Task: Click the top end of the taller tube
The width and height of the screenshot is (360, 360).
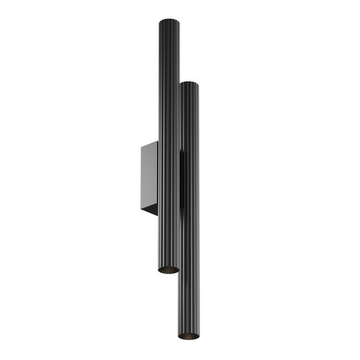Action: tap(168, 21)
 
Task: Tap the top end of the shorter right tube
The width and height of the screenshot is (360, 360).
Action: tap(190, 84)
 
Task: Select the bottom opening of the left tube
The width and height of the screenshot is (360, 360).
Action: tap(168, 269)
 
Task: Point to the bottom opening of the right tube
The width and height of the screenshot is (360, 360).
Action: tap(189, 335)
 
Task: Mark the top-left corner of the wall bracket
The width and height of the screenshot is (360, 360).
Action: tap(141, 146)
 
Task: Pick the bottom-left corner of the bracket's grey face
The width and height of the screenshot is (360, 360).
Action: tap(141, 206)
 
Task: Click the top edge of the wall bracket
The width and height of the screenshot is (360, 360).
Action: tap(150, 142)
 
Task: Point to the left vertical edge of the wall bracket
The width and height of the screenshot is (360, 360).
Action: tap(141, 176)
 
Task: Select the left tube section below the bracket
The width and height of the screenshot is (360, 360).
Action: tap(168, 241)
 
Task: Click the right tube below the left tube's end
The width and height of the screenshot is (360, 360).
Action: tap(189, 303)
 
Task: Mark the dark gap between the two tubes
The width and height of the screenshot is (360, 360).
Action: tap(181, 179)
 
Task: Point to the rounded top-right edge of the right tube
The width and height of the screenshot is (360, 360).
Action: tap(198, 86)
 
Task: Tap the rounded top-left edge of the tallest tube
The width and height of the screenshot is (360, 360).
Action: tap(160, 23)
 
